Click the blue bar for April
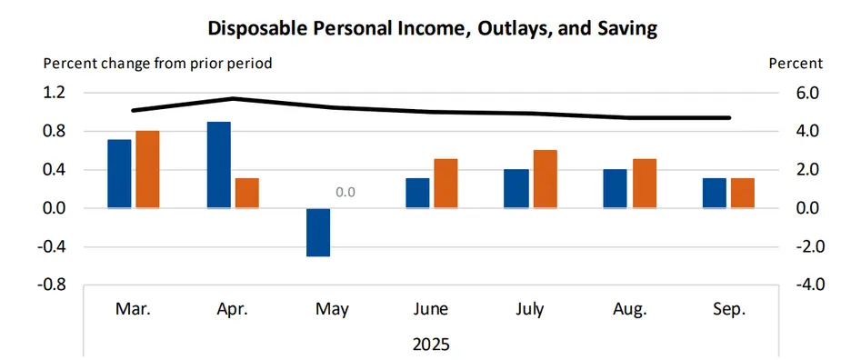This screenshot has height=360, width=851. pos(218,165)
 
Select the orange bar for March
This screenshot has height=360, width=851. pos(147,169)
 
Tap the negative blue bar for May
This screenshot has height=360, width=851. pos(317,232)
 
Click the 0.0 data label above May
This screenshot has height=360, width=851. pos(345,193)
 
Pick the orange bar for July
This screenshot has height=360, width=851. pos(545,179)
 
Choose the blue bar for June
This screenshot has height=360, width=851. pos(416,193)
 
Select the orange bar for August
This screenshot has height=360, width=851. pos(644,184)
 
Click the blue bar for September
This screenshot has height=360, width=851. pos(714,193)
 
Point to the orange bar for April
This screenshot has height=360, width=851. pos(247,193)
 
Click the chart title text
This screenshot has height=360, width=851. pos(433,28)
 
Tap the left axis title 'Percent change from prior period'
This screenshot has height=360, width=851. pos(157,64)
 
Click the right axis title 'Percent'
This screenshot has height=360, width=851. pos(796,64)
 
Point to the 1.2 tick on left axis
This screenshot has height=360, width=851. pos(55,93)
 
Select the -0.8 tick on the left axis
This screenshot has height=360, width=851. pos(52,285)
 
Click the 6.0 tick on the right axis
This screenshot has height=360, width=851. pos(807,93)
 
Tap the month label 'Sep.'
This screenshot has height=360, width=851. pos(728,310)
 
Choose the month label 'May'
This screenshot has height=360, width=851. pos(331,310)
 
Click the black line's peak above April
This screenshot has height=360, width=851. pos(233,98)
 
